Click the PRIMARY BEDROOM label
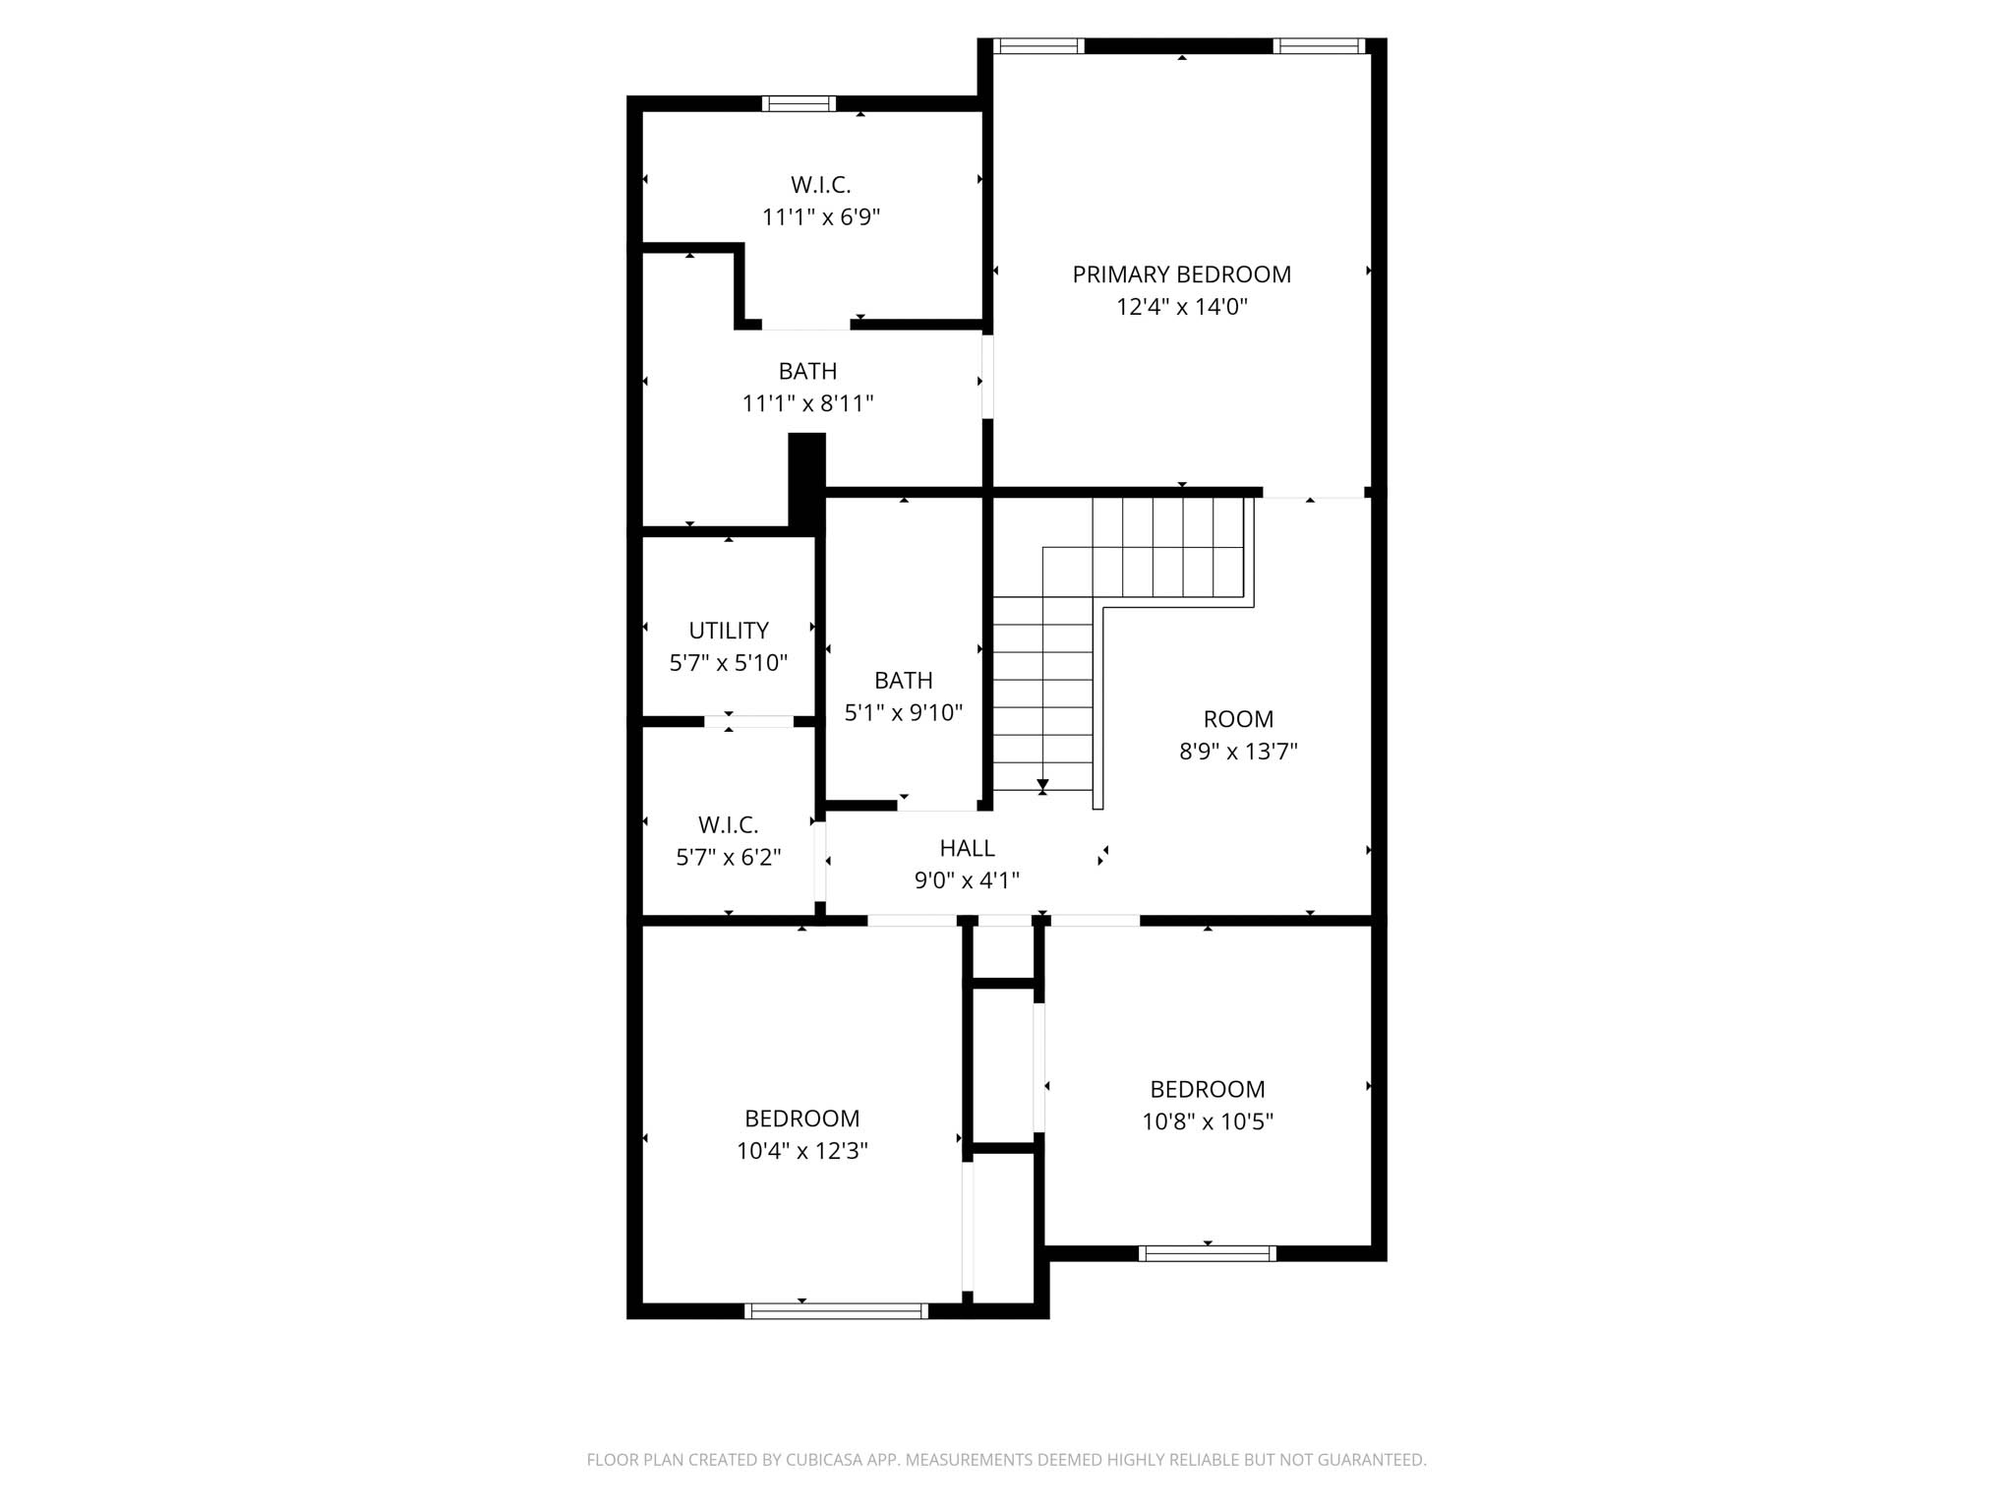1181,274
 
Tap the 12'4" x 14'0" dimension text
1181,307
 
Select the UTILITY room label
729,631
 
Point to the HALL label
967,848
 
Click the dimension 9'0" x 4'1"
967,880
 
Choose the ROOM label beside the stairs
1238,719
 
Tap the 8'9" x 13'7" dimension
1238,752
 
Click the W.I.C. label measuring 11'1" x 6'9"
820,185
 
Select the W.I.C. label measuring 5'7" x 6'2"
729,825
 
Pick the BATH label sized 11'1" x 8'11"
807,371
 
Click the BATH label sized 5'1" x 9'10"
903,681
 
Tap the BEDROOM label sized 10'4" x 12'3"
801,1118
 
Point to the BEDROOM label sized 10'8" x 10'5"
1207,1089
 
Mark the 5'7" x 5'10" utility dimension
729,663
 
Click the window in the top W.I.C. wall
799,103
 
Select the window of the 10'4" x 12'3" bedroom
836,1310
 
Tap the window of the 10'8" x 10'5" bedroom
1207,1253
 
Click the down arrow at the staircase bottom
1042,785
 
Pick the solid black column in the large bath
806,482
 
